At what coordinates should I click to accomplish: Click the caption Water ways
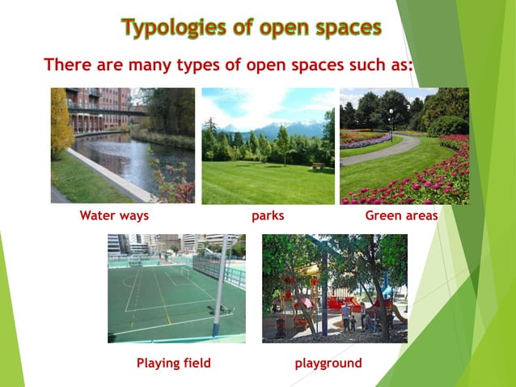point(114,216)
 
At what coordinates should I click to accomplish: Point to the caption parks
point(268,216)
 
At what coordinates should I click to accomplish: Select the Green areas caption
point(401,216)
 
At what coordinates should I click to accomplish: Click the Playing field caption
point(173,364)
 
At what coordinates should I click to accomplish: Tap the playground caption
point(328,364)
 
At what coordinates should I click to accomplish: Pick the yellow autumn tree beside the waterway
point(60,121)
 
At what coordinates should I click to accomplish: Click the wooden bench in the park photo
point(318,165)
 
